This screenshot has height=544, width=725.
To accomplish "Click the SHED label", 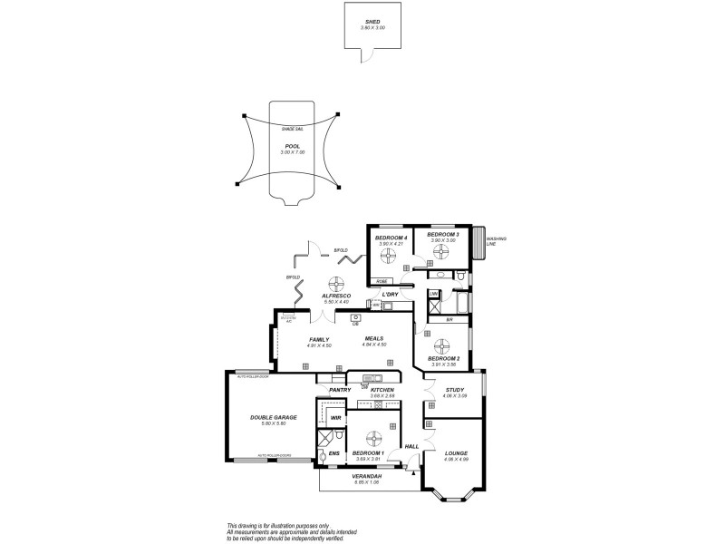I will (372, 21).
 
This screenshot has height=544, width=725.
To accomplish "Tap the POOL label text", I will (291, 145).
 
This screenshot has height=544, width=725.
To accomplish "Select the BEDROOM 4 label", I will (391, 237).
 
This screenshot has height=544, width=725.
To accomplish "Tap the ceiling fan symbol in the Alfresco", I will (336, 282).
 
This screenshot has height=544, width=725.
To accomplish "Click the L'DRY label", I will (391, 295).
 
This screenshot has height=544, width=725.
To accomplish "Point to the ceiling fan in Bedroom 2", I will (443, 345).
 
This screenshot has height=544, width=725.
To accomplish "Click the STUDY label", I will (456, 390).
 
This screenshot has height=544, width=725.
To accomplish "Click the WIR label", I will (335, 418).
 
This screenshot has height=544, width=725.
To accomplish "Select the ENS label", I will (333, 452).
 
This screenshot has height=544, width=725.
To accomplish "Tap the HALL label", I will (411, 446).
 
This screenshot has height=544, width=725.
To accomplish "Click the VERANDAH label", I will (367, 476).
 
